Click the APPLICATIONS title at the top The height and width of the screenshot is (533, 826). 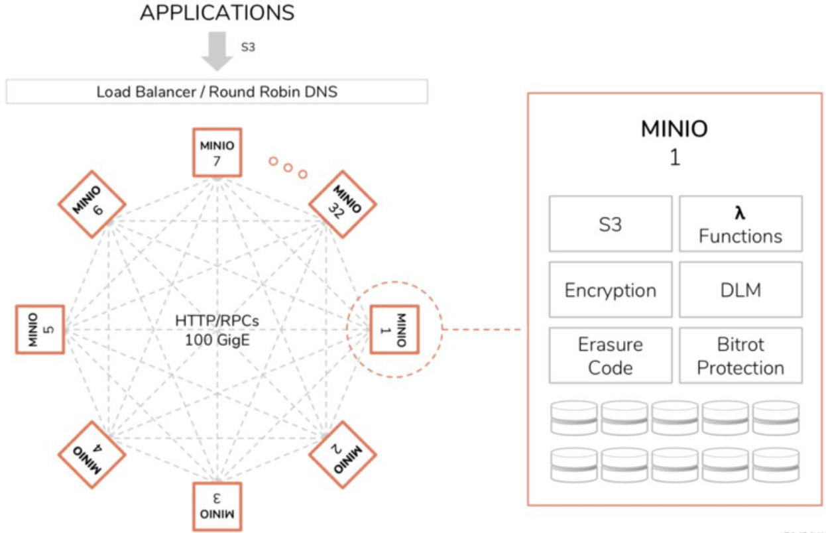tap(217, 13)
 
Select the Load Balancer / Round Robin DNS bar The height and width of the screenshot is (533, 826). tap(217, 91)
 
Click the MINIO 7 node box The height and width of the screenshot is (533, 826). tap(217, 152)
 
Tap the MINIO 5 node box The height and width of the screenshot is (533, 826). tap(40, 329)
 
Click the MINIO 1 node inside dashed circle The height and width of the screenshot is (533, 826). tap(394, 329)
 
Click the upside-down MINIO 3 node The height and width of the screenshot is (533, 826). tap(217, 506)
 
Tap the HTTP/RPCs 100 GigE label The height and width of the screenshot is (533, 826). tap(217, 329)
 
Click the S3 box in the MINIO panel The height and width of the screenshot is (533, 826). tap(610, 224)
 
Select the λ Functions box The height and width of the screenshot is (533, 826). tap(740, 224)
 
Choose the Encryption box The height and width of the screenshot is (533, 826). tap(610, 290)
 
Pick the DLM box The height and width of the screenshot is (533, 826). tap(740, 290)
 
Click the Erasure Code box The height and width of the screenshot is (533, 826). tap(610, 355)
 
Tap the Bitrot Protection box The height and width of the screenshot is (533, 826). tap(740, 355)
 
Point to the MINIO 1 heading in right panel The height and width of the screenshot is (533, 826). tap(674, 141)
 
